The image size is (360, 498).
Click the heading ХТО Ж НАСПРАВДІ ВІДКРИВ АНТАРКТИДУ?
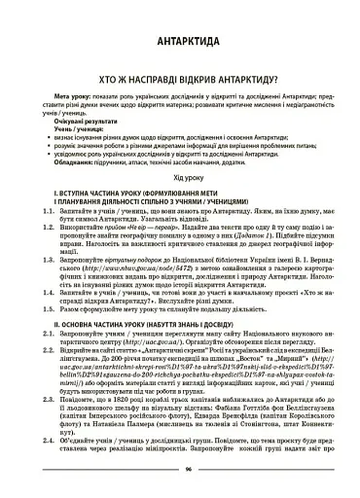point(180,86)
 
